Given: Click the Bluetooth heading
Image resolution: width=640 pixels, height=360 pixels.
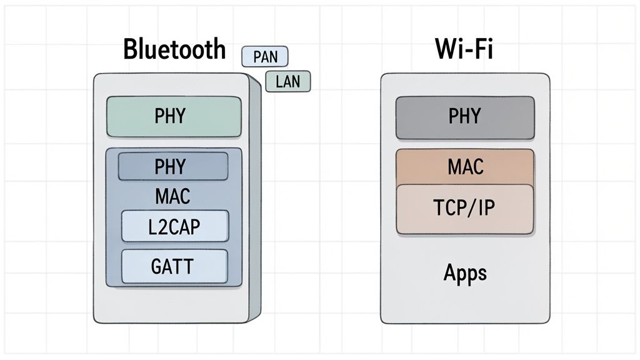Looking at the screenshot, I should click(174, 49).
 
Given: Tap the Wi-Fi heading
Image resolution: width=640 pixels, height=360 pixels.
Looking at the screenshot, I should click(464, 49).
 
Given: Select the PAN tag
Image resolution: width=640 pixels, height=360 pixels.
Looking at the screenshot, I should click(264, 57).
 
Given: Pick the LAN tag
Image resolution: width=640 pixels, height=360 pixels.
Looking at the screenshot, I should click(287, 82).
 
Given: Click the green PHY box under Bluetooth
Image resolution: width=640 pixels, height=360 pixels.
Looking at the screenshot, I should click(174, 116).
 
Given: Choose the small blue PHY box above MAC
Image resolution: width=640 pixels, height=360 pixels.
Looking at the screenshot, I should click(173, 166).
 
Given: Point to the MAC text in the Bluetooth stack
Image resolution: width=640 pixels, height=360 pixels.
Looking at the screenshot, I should click(172, 197).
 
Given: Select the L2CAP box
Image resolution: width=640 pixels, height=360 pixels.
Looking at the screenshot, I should click(175, 226).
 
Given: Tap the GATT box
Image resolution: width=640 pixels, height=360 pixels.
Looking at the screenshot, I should click(173, 266).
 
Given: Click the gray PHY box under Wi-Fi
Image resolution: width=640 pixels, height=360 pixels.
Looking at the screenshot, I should click(465, 117).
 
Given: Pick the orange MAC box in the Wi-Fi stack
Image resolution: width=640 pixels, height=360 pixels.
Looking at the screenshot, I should click(465, 166).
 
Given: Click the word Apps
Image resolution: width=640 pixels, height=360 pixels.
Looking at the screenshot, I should click(465, 272).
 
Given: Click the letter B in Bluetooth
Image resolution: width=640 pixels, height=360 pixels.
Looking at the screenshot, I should click(131, 49).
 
